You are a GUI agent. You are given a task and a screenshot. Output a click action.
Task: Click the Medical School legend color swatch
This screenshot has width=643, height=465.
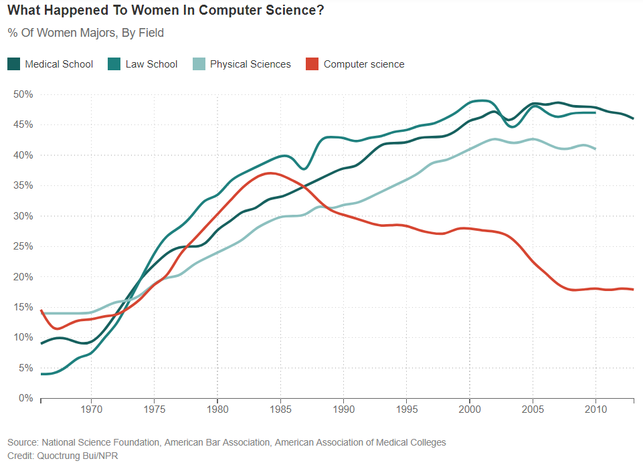click(13, 64)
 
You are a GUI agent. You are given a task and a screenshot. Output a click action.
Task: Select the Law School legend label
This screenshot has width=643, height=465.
click(151, 64)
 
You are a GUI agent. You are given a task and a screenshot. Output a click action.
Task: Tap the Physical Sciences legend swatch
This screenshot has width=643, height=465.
click(199, 64)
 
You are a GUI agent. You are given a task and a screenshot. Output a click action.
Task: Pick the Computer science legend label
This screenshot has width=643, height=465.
click(364, 64)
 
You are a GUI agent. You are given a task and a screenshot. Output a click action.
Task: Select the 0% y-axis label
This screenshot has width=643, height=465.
click(25, 398)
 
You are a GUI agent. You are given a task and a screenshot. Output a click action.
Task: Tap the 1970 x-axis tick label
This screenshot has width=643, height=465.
click(91, 409)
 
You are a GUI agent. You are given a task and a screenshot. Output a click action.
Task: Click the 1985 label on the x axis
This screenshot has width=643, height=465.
click(280, 409)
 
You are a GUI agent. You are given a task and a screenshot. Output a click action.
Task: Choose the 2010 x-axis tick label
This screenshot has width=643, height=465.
click(595, 409)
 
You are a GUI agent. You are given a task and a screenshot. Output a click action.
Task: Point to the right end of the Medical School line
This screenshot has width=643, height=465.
click(633, 118)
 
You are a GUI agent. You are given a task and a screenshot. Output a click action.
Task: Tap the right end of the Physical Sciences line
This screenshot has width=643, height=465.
click(595, 149)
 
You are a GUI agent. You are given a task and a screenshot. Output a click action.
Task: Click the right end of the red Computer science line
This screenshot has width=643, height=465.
click(633, 290)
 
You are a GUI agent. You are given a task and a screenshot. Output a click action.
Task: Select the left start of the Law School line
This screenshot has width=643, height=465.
click(41, 374)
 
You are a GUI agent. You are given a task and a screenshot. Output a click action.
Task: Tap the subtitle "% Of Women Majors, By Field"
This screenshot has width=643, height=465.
click(86, 33)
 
